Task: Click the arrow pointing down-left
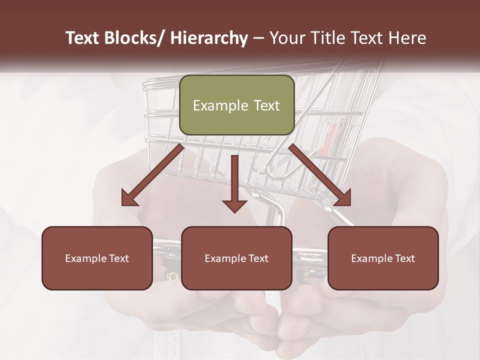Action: point(152,175)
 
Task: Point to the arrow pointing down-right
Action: point(320,175)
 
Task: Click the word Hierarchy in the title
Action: point(209,38)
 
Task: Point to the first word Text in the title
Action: point(83,38)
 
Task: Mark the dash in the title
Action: point(258,38)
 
